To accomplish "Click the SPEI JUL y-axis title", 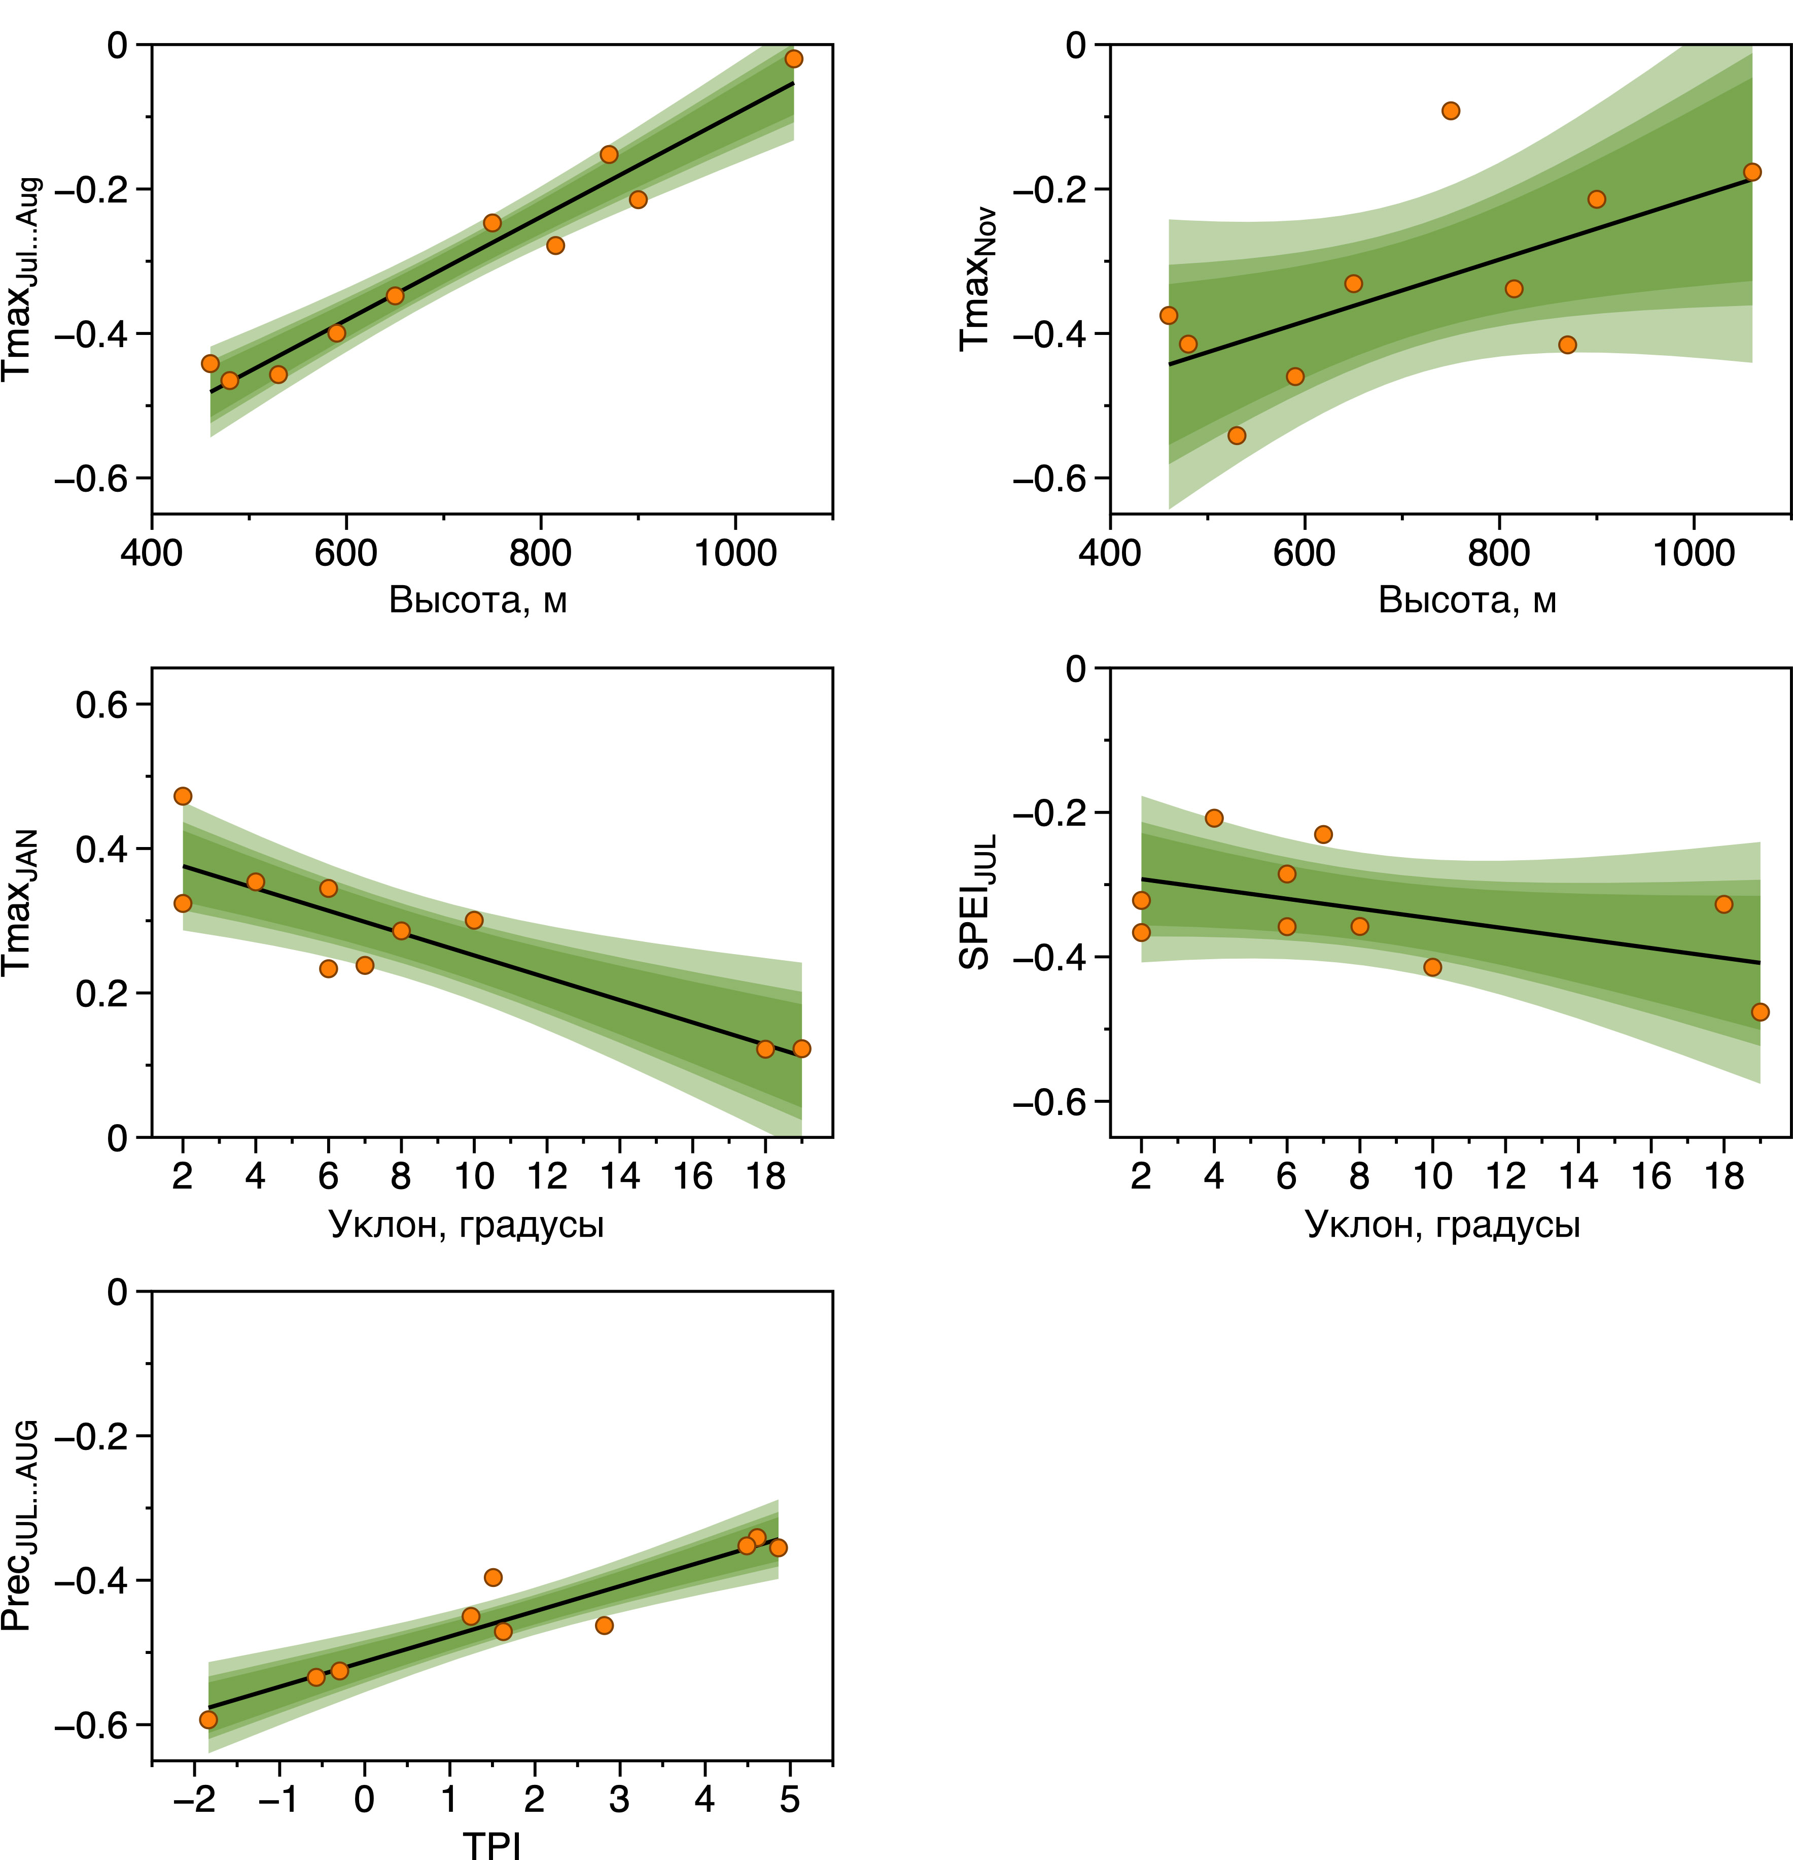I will (x=977, y=901).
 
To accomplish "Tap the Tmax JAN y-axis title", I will (x=19, y=901).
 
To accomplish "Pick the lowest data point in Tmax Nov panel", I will (x=1236, y=435).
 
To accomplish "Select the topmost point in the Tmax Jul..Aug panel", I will (x=794, y=59).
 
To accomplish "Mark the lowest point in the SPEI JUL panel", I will (x=1760, y=1011).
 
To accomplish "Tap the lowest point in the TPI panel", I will (x=208, y=1719).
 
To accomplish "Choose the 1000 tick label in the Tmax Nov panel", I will (x=1694, y=552).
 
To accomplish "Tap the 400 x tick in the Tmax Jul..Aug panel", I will (x=152, y=552).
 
